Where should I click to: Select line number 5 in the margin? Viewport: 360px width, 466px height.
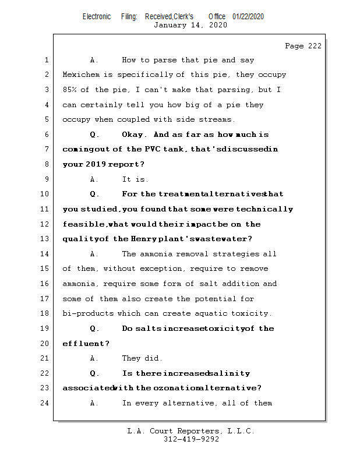[x=46, y=119]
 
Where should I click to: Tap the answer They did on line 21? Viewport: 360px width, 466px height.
[x=142, y=358]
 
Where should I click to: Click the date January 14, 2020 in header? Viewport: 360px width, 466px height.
[x=190, y=25]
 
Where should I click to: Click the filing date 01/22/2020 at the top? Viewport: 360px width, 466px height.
[x=248, y=16]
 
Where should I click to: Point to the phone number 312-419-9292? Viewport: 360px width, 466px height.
[x=190, y=439]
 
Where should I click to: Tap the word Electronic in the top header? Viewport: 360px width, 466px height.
[x=97, y=16]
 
